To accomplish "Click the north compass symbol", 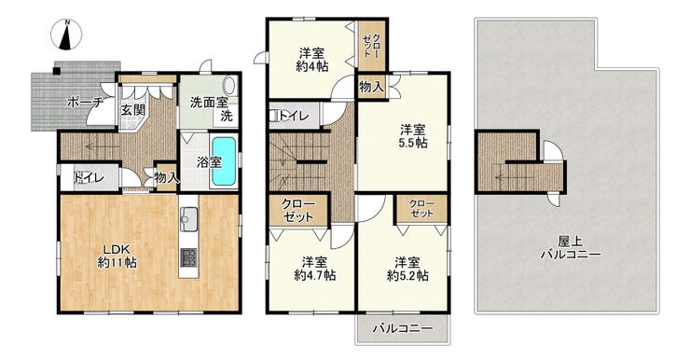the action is pyautogui.click(x=66, y=35).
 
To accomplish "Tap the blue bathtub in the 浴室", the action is pyautogui.click(x=224, y=161).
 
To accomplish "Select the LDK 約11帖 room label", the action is pyautogui.click(x=117, y=256).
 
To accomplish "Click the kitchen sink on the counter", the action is pyautogui.click(x=188, y=216).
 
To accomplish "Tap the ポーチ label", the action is pyautogui.click(x=85, y=103).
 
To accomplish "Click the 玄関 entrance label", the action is pyautogui.click(x=133, y=109).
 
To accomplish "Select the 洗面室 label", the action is pyautogui.click(x=209, y=103).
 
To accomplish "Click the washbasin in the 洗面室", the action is pyautogui.click(x=230, y=86).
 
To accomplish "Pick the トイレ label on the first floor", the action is pyautogui.click(x=90, y=178).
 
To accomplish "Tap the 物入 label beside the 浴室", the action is pyautogui.click(x=167, y=178).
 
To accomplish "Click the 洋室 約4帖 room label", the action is pyautogui.click(x=311, y=60).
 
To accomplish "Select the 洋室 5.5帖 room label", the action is pyautogui.click(x=413, y=136).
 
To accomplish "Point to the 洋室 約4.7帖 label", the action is pyautogui.click(x=314, y=269).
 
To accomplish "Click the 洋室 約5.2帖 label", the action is pyautogui.click(x=407, y=269).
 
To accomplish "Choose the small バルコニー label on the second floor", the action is pyautogui.click(x=404, y=328).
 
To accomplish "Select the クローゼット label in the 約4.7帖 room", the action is pyautogui.click(x=297, y=212).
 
